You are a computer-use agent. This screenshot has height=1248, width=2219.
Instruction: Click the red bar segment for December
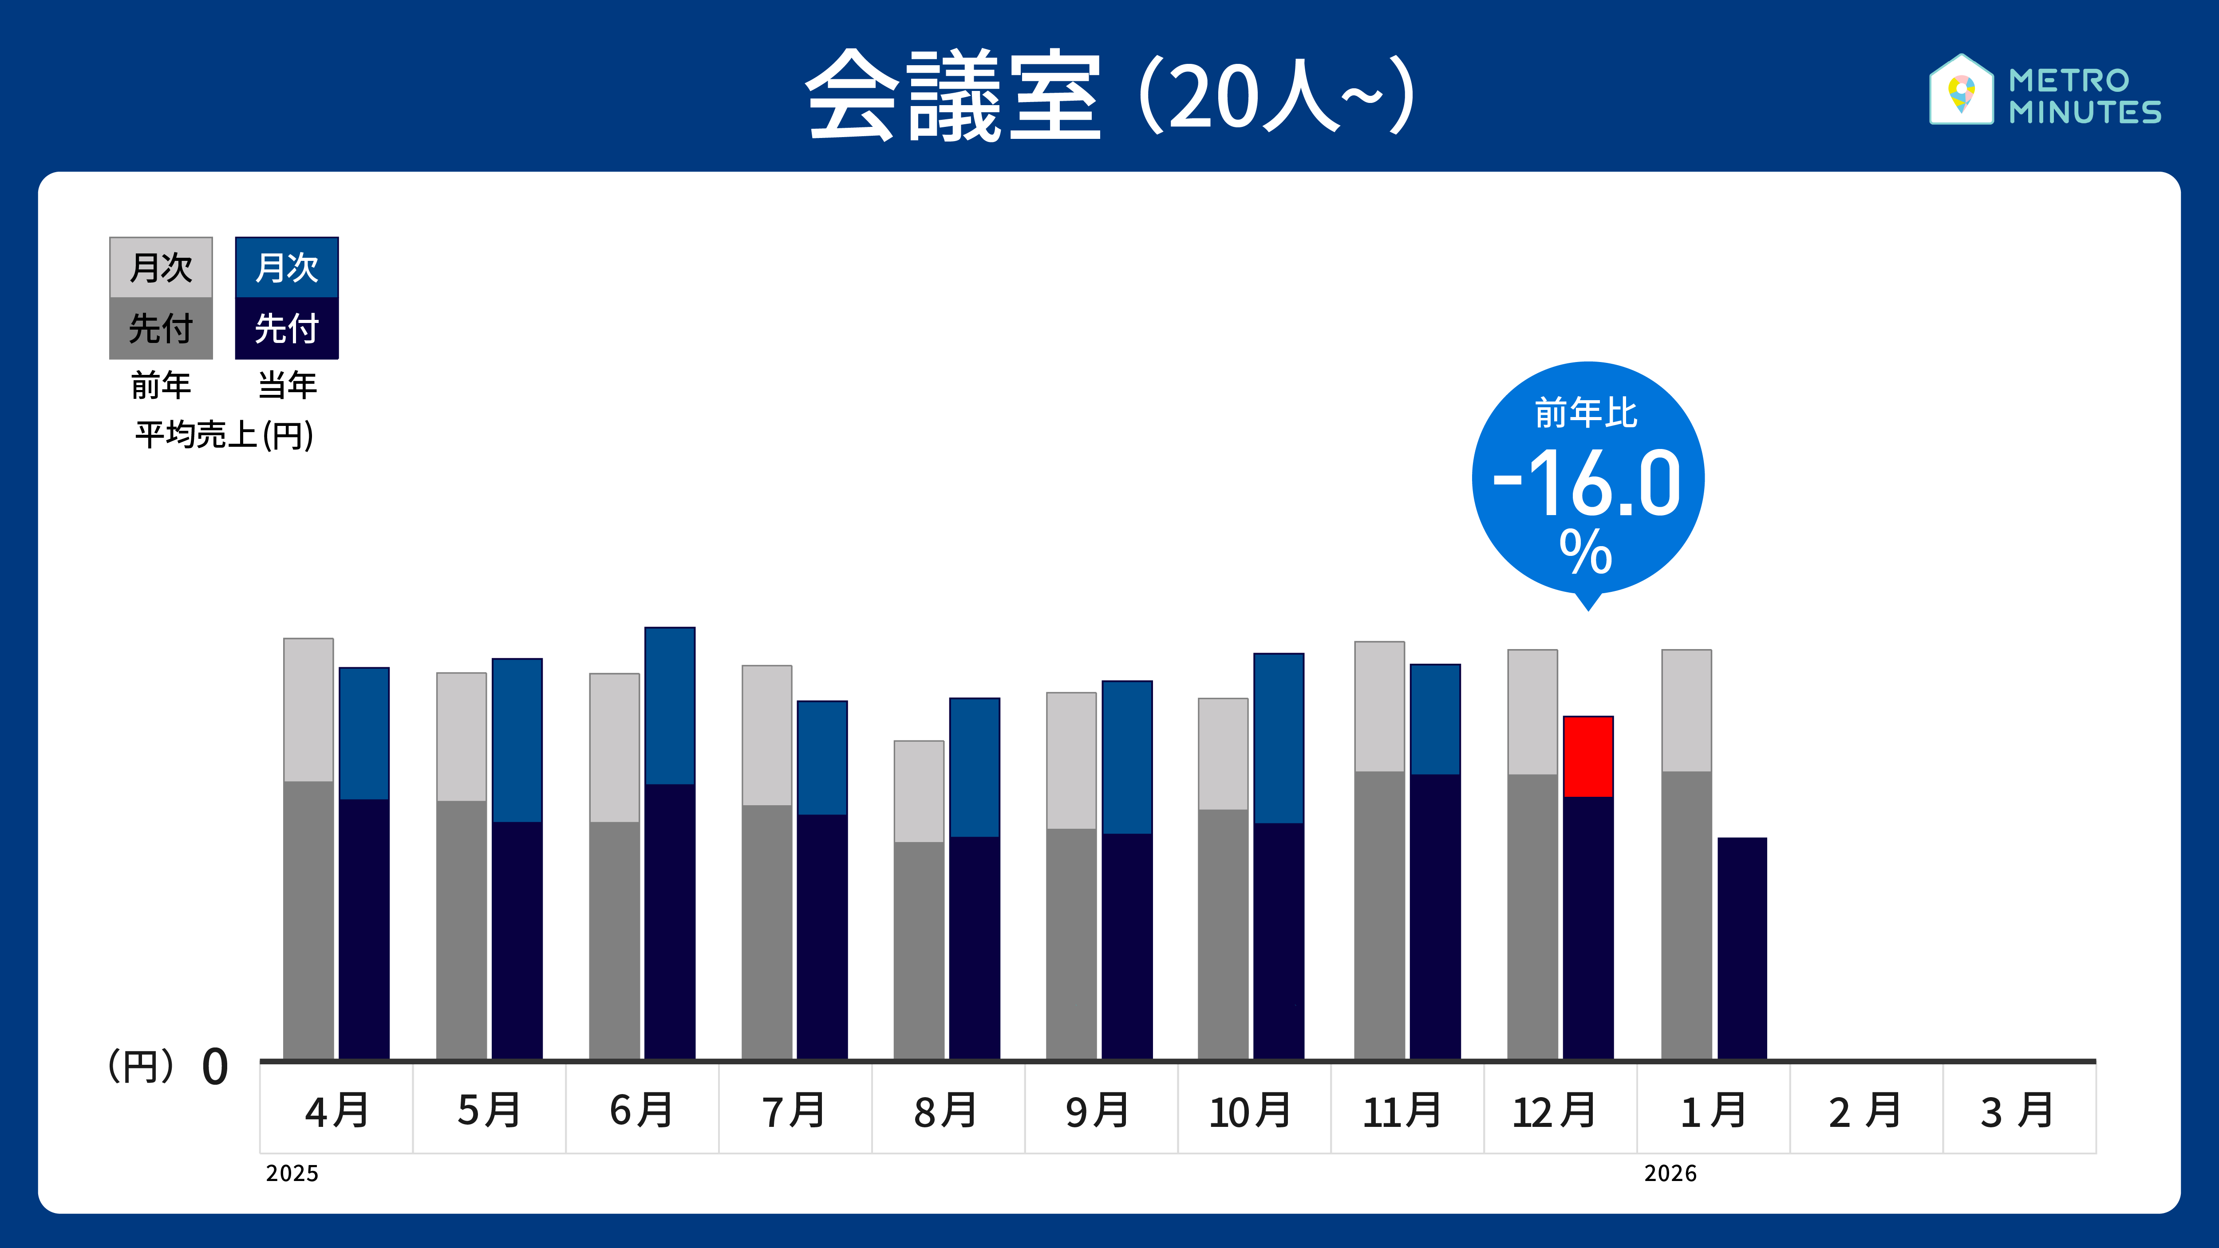(x=1587, y=756)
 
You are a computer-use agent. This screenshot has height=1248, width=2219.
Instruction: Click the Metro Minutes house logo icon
(x=1961, y=90)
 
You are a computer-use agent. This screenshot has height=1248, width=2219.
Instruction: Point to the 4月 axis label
(x=337, y=1110)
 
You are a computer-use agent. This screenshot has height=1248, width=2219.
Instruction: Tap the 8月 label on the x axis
(x=946, y=1110)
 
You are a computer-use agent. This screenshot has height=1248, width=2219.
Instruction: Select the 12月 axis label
(x=1555, y=1110)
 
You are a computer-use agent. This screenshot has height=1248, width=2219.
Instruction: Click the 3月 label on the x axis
(x=2018, y=1110)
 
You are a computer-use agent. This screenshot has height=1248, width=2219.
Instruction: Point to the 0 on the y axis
(x=214, y=1067)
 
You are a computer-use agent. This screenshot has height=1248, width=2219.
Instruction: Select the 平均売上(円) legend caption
(x=224, y=435)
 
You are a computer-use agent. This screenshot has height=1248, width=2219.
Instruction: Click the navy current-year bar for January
(x=1742, y=947)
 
